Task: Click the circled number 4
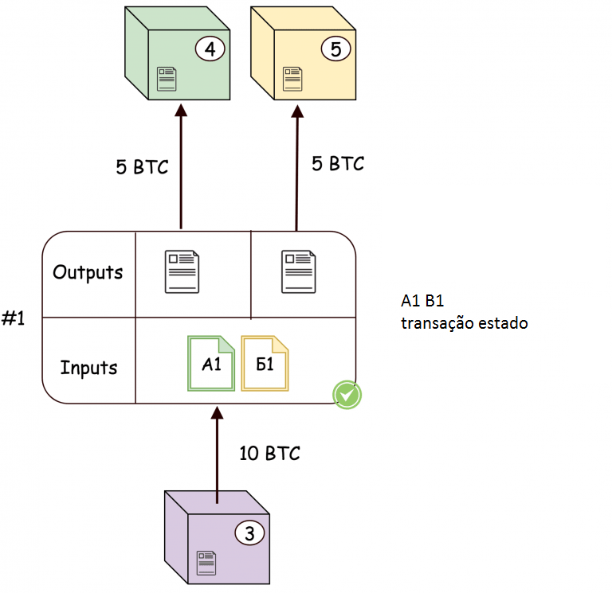[210, 49]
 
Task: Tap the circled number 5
[335, 49]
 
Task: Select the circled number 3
[249, 534]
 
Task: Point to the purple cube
[215, 541]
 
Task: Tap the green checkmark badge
[347, 394]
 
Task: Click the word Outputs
[88, 272]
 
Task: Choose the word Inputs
[88, 368]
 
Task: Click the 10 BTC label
[269, 454]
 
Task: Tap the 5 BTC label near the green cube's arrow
[142, 167]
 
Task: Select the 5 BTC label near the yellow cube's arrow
[337, 164]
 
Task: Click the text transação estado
[465, 324]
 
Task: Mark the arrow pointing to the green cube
[180, 167]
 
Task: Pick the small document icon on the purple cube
[206, 561]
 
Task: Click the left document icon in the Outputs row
[182, 272]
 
